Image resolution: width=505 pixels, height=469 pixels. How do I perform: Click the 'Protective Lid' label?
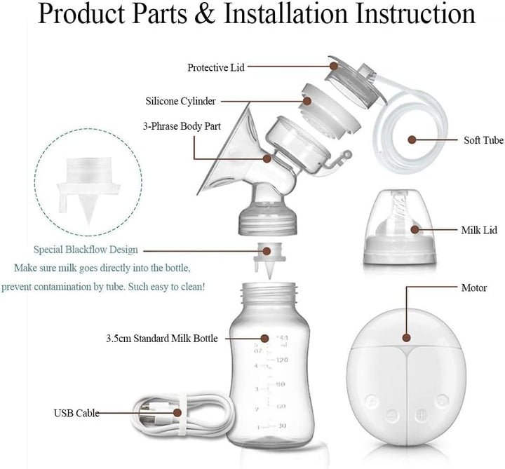(x=217, y=67)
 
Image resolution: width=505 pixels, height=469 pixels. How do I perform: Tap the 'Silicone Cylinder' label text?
(x=180, y=100)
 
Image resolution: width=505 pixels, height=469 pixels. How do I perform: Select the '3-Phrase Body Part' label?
(x=180, y=128)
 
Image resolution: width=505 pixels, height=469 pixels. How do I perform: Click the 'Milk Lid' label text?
(x=479, y=229)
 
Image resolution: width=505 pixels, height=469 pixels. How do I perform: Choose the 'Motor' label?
(x=473, y=287)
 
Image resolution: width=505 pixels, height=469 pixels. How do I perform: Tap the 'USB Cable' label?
(x=75, y=414)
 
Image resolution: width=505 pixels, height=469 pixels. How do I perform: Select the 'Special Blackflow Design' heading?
(x=86, y=250)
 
